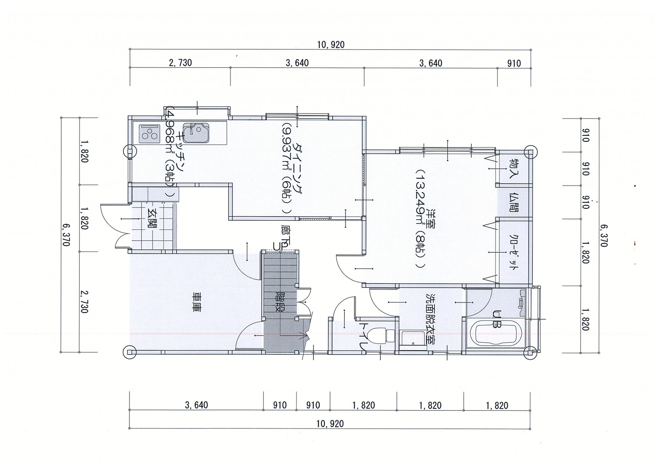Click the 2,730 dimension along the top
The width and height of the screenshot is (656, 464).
tap(180, 63)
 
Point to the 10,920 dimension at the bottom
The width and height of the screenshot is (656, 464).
tap(330, 424)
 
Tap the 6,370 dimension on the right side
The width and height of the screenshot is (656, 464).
tap(604, 236)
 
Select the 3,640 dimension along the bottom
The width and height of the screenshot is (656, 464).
tap(196, 405)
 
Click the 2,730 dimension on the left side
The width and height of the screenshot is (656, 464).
tap(84, 302)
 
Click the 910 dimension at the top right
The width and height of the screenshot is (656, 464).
tap(514, 63)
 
